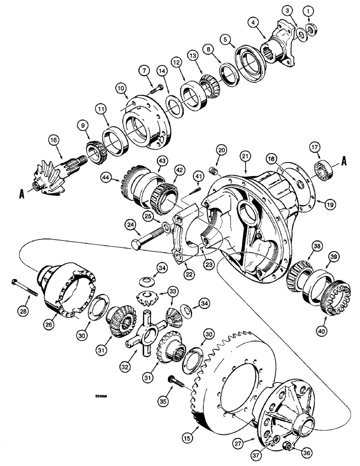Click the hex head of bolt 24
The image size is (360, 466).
(138, 246)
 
